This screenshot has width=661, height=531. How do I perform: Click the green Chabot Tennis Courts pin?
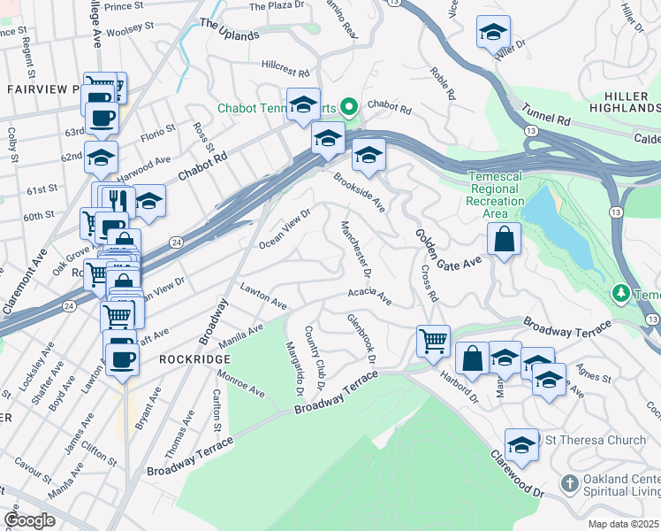348,108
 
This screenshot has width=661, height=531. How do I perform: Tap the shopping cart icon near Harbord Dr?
433,340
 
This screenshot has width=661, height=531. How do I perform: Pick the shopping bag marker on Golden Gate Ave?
503,239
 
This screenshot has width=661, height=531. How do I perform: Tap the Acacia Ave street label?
369,294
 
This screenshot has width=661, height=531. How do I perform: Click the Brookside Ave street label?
359,192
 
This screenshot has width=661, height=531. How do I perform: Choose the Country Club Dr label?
315,358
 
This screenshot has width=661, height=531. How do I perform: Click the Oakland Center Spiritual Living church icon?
570,484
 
